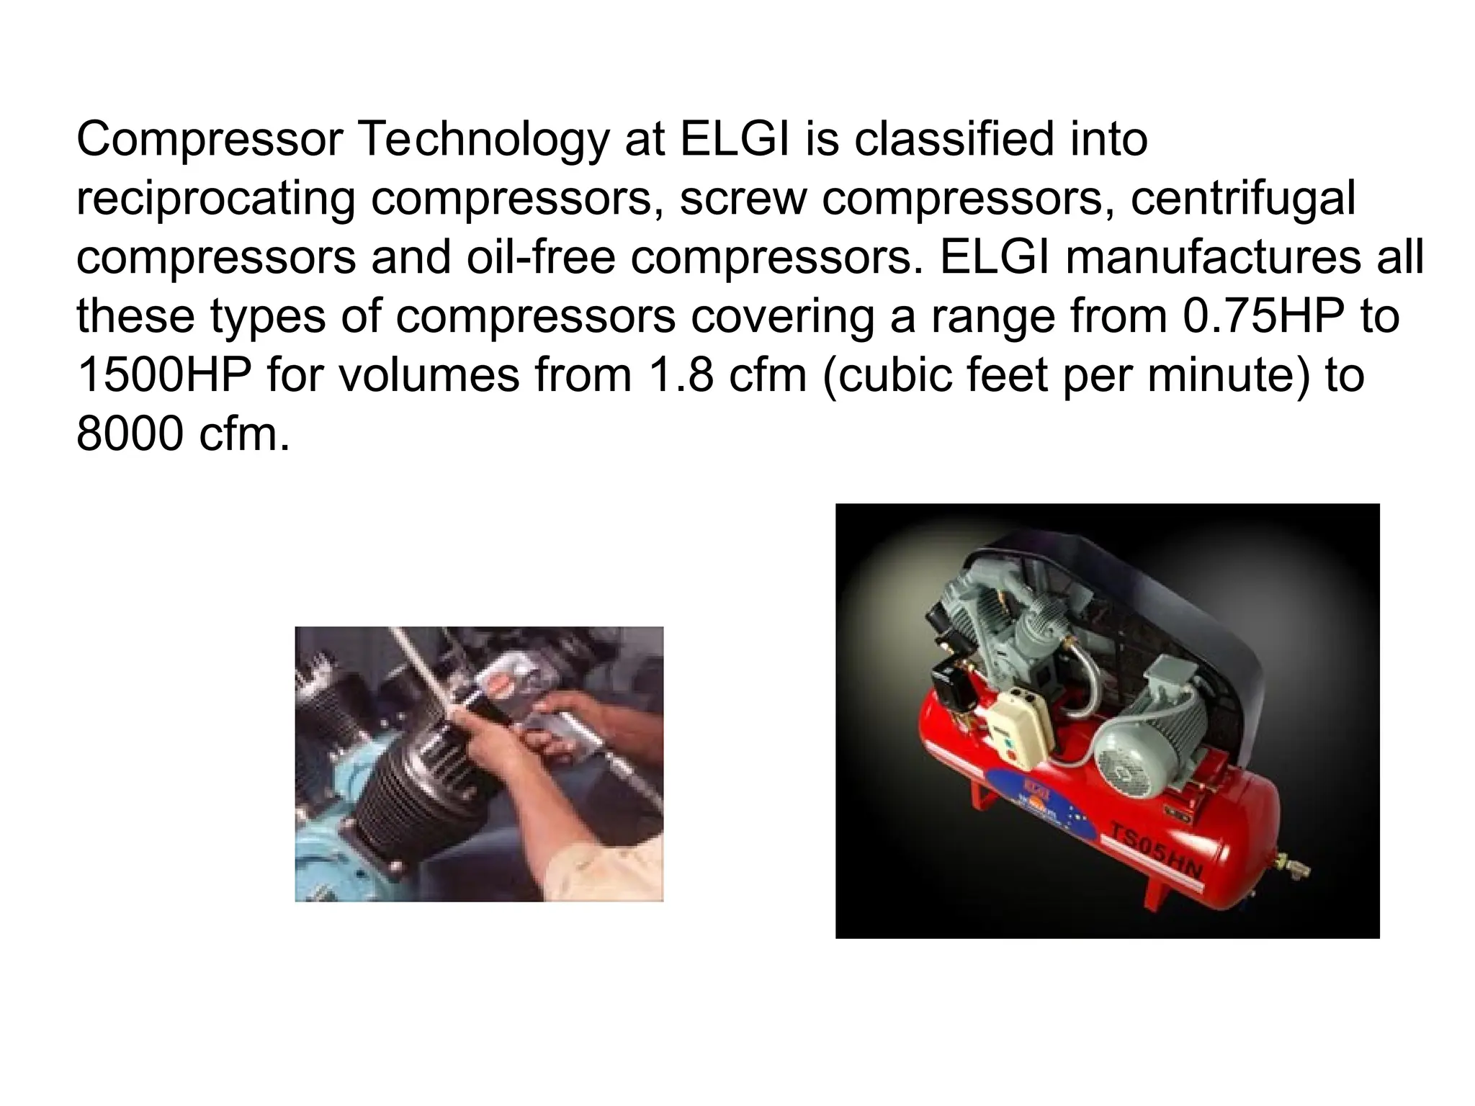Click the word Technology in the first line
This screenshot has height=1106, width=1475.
pos(483,140)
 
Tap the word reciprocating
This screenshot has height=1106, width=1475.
pos(215,199)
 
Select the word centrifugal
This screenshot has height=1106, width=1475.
pos(1243,199)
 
